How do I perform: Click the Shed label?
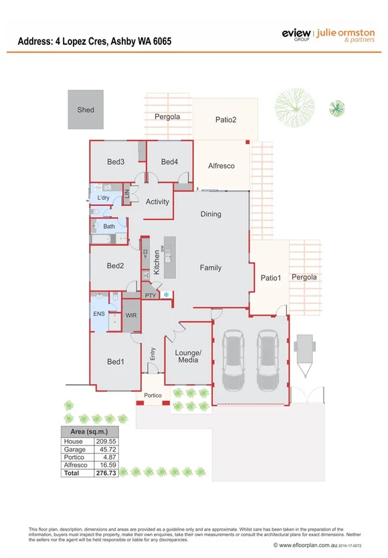click(86, 110)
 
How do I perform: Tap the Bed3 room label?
click(116, 162)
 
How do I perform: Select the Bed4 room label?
click(169, 162)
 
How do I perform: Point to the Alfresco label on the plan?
click(221, 166)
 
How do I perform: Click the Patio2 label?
click(225, 120)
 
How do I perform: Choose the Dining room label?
click(211, 215)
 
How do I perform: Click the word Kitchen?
click(157, 262)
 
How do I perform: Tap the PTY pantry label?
click(151, 295)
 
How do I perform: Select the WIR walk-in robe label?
click(131, 315)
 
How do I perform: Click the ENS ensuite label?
click(98, 312)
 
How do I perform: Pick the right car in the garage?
click(268, 359)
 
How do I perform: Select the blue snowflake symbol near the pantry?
click(166, 295)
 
